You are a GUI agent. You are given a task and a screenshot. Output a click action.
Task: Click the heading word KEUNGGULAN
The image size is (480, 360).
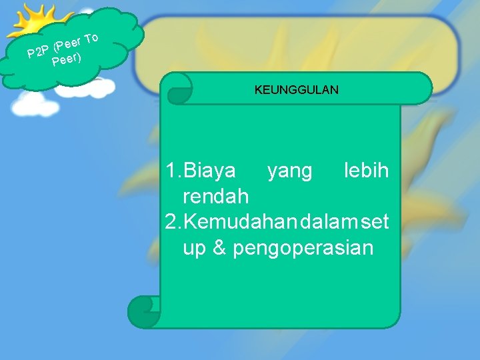pos(296,89)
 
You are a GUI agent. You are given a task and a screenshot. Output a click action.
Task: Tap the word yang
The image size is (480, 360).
pos(289,171)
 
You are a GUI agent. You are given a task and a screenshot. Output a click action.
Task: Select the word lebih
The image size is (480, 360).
pos(366,171)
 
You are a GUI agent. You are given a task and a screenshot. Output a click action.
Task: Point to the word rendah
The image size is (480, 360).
pos(215,197)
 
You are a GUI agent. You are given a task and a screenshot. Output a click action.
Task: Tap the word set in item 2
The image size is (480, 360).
pos(374,222)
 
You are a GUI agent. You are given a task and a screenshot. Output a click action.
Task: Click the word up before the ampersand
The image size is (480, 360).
pos(194,249)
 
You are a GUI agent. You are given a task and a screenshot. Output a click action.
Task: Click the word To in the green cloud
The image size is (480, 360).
pos(92,38)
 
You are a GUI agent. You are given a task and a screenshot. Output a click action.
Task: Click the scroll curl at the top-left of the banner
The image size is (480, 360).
pos(179,89)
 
